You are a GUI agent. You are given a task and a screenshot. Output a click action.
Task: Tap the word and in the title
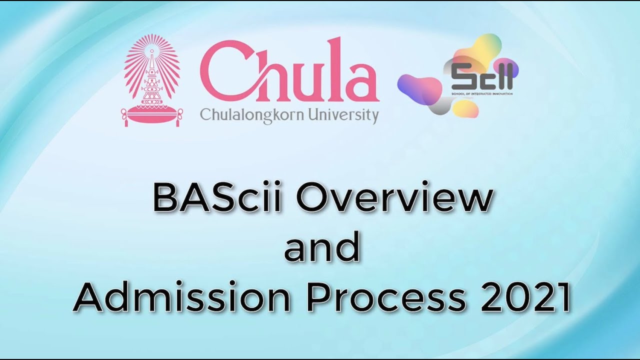[321, 248]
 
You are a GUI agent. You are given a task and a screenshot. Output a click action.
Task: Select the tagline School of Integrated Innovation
[481, 93]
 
